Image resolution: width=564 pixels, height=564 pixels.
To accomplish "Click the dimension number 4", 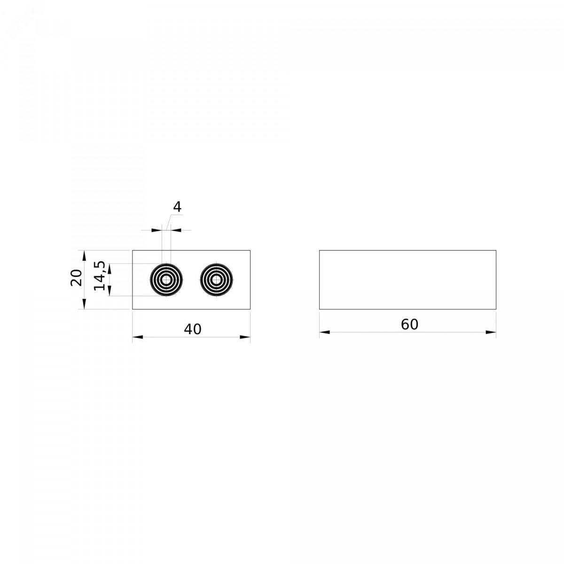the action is pos(177,207).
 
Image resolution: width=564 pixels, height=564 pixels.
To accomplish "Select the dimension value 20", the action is pos(77,277).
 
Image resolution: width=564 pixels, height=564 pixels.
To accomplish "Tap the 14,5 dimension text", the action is pos(100,276).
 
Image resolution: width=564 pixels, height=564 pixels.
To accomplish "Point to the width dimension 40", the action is pos(193,329).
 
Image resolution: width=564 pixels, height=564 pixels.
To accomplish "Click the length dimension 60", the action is pos(409,324).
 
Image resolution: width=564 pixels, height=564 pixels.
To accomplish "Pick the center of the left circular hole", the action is pos(166,280).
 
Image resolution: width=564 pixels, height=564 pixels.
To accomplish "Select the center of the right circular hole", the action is pos(216,280).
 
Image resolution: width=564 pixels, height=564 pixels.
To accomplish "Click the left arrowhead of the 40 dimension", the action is pos(138,337).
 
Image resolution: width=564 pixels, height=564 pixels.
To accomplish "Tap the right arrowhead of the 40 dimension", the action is pos(245,337).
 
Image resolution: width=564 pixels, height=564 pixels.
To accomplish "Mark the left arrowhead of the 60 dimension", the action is pos(325,332).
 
